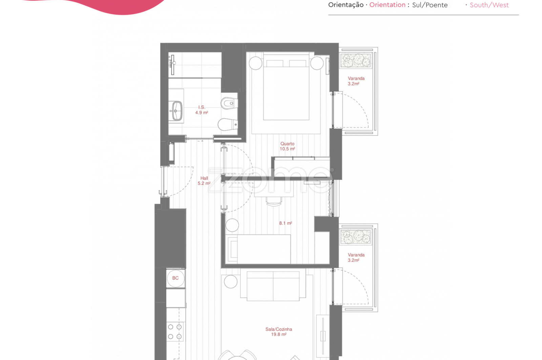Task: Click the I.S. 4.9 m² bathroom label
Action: click(202, 110)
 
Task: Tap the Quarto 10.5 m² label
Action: click(287, 146)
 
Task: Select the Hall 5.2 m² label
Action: click(204, 181)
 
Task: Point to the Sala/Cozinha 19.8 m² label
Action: click(278, 332)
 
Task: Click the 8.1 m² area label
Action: click(286, 223)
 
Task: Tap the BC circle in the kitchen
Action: click(175, 278)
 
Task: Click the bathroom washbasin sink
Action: click(177, 111)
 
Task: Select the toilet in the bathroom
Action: click(227, 124)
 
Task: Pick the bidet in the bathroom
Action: click(229, 103)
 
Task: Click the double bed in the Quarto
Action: click(286, 87)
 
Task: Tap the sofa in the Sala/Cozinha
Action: click(273, 286)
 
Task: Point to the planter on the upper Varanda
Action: click(355, 60)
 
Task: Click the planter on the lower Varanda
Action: click(355, 237)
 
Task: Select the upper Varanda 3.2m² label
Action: click(356, 81)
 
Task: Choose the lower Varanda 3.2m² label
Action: click(356, 258)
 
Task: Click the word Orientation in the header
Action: click(387, 5)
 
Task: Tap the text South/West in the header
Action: click(489, 5)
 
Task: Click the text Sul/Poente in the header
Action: click(430, 5)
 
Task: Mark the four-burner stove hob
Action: click(175, 332)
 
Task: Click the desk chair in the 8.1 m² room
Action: click(274, 201)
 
